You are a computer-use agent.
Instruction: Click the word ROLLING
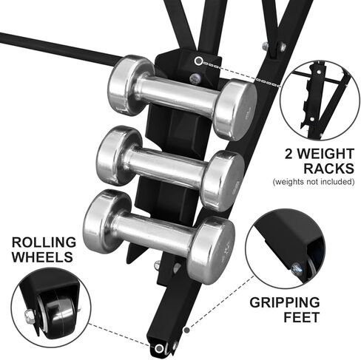(44, 242)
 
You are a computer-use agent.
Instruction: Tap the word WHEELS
(42, 257)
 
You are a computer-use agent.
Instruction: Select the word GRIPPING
(285, 302)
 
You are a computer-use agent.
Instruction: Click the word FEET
(301, 317)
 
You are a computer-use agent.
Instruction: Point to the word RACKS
(328, 169)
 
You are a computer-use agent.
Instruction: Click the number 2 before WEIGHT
(289, 154)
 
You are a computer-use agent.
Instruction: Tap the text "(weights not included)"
(314, 182)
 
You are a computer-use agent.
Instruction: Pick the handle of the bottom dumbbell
(153, 230)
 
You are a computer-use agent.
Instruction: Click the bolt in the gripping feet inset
(296, 268)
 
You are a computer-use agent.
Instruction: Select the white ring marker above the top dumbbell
(198, 61)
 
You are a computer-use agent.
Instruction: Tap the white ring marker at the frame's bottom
(159, 348)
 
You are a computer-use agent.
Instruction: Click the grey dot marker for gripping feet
(187, 330)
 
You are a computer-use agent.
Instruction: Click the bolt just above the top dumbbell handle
(195, 78)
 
